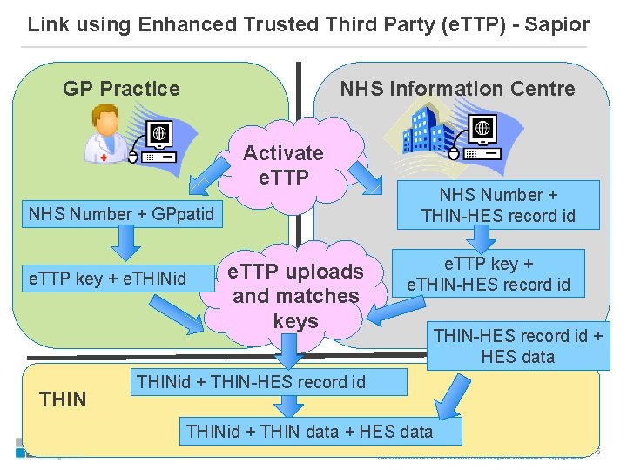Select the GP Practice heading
tap(121, 89)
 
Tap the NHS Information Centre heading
tap(457, 89)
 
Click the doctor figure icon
tap(105, 135)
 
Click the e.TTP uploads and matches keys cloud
tap(295, 296)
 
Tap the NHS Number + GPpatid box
tap(121, 213)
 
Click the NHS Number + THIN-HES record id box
tap(498, 205)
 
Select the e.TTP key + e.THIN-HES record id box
tap(495, 274)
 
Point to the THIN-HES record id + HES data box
tap(517, 346)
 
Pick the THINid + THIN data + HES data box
tap(309, 430)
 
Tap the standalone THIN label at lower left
tap(63, 399)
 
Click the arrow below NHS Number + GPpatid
tap(125, 243)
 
